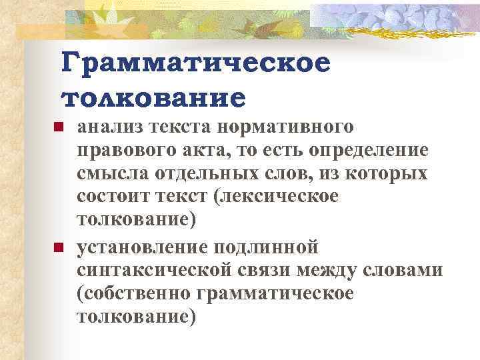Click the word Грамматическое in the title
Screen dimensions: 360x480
195,65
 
